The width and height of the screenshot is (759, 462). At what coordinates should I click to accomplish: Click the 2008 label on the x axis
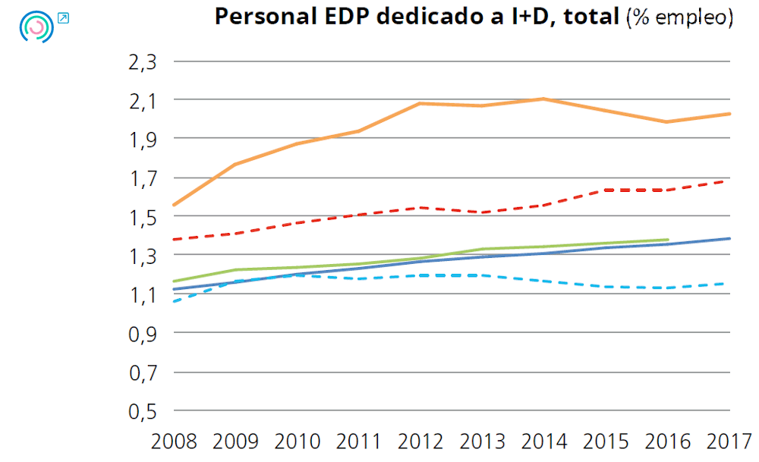pos(175,442)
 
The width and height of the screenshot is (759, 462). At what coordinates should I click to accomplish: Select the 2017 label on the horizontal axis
pos(729,442)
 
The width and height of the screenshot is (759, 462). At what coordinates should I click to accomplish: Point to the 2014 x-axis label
pos(544,442)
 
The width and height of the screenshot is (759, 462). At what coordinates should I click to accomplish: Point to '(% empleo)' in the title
pos(679,18)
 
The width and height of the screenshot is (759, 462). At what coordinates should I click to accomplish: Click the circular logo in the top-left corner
pos(36,27)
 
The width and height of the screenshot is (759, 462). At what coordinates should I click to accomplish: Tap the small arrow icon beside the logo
pos(63,17)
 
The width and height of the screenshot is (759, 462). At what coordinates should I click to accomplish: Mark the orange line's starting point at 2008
pos(175,205)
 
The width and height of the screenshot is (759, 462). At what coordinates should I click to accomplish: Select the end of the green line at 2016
pos(667,240)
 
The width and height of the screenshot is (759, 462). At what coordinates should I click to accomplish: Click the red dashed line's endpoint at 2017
pos(729,181)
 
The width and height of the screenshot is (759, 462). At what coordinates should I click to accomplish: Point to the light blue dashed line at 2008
pos(175,301)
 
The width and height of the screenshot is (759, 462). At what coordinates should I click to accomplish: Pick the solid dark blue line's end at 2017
pos(729,238)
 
